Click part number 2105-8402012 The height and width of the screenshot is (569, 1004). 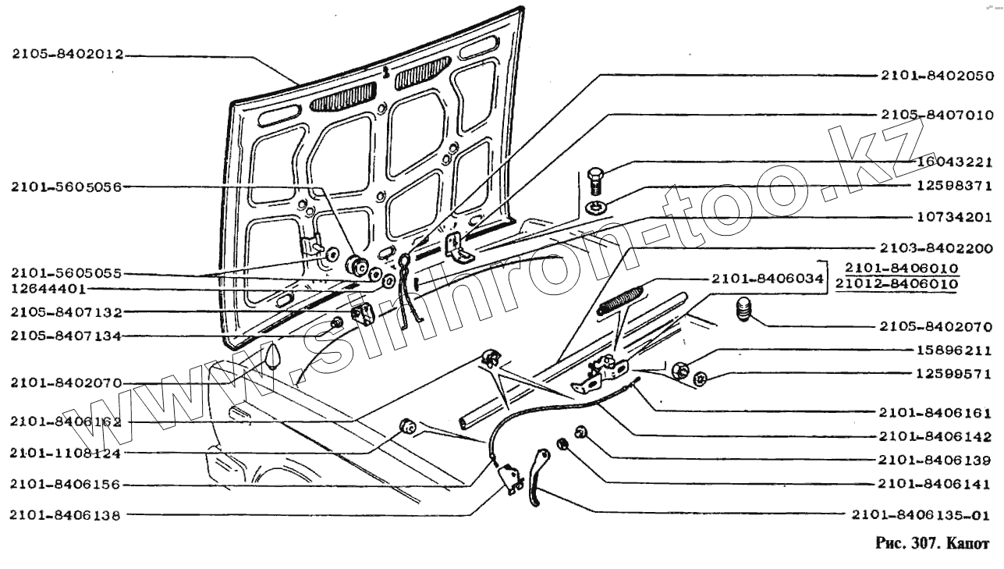point(68,55)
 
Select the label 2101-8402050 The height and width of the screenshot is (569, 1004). point(936,76)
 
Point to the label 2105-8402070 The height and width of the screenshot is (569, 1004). point(936,326)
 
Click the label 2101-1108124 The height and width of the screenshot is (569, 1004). point(65,453)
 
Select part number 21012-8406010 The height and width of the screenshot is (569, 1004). point(896,283)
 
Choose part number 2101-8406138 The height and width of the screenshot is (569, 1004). point(65,514)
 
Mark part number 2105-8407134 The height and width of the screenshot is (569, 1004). point(65,336)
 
